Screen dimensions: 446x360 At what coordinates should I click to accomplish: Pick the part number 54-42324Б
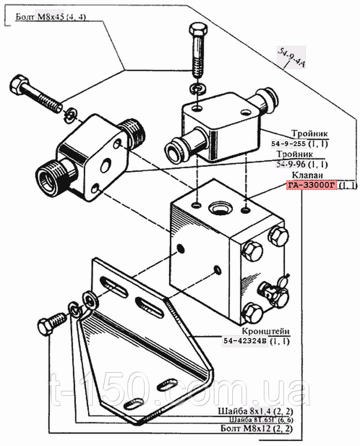click(x=246, y=341)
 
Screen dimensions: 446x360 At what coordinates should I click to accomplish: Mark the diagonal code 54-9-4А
click(x=292, y=56)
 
